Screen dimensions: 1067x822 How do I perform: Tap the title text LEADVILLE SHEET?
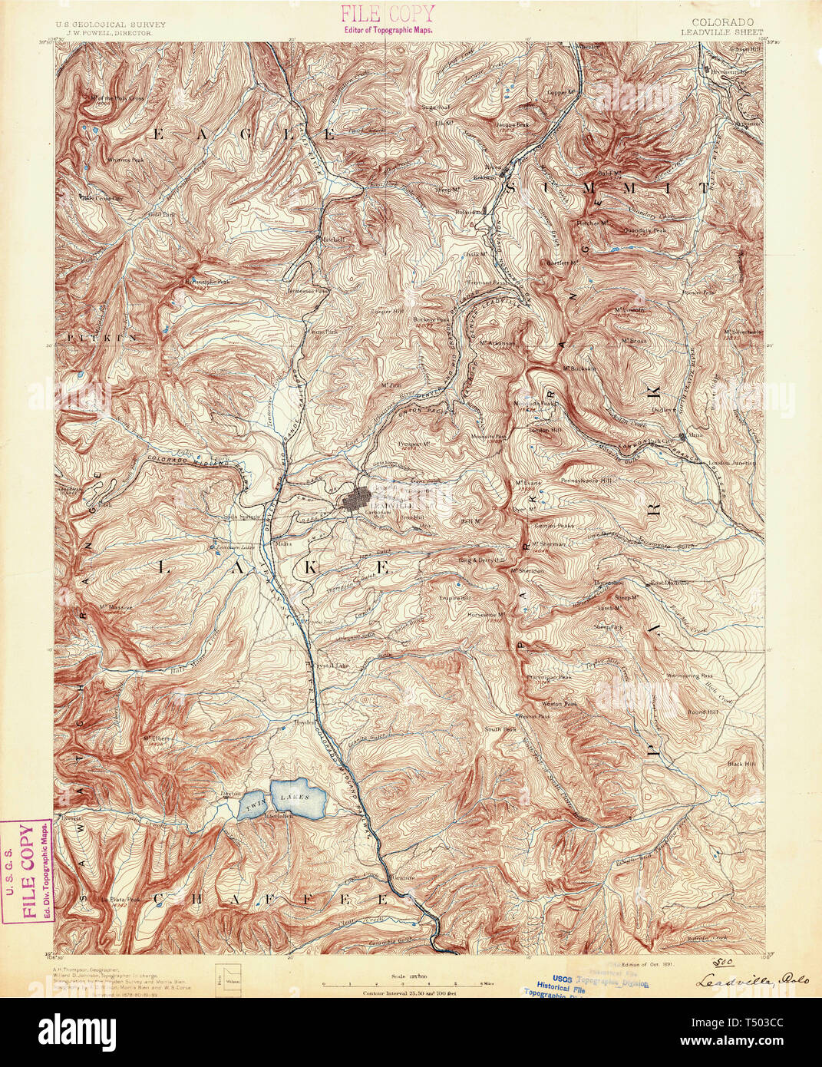(721, 33)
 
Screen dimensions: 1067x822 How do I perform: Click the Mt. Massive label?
(117, 607)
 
